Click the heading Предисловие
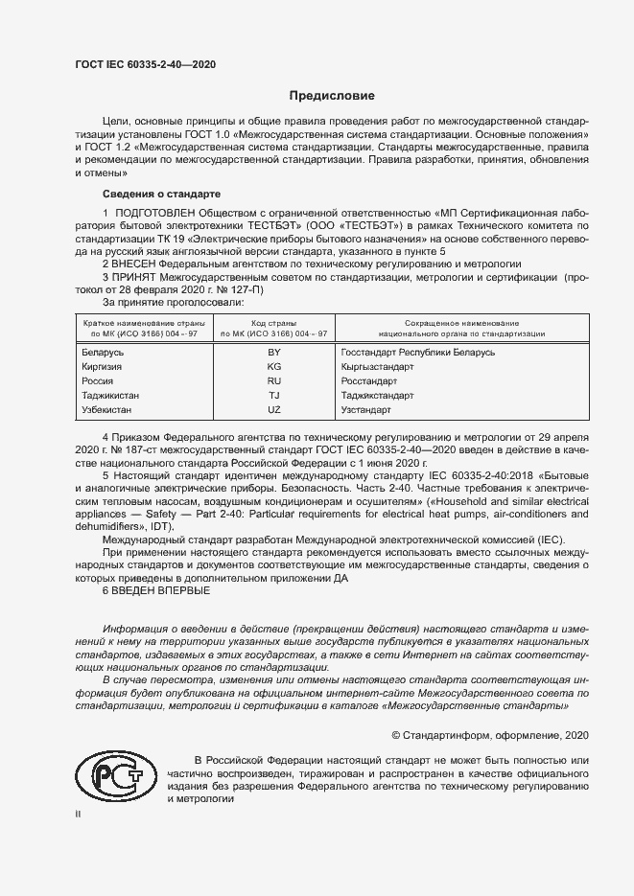point(333,96)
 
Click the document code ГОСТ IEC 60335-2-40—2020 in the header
point(144,64)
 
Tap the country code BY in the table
point(273,353)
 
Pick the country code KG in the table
point(273,367)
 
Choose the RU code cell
point(273,381)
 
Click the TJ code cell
point(273,395)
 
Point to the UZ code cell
point(273,409)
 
